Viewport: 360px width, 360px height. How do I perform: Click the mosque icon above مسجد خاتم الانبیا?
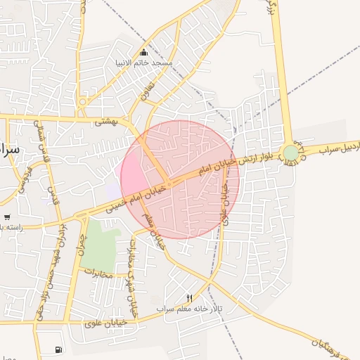[x=144, y=52]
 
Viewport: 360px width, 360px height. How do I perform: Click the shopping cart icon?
[x=7, y=217]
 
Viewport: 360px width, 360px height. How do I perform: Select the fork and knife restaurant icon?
[x=189, y=298]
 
